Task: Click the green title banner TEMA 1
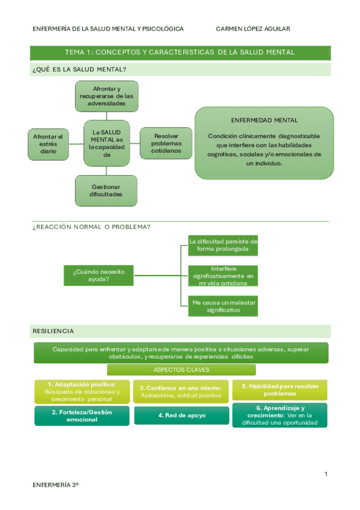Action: pos(180,52)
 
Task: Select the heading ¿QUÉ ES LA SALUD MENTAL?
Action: pos(79,70)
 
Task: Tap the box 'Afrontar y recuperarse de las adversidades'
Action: pos(106,96)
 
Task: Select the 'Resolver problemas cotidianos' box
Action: pos(166,143)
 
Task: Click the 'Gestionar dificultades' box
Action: pos(106,190)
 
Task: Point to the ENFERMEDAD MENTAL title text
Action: pos(264,120)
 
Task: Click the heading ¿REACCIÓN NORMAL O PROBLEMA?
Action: pos(91,227)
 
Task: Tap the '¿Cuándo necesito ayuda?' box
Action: pos(99,275)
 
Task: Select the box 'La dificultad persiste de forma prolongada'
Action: pos(223,245)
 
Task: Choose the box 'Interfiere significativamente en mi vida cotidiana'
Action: pos(223,275)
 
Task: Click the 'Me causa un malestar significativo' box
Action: pos(223,306)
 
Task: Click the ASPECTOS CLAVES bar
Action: pos(182,370)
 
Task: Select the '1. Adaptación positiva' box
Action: pos(81,391)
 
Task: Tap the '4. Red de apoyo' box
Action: pos(182,415)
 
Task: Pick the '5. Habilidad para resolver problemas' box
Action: pos(279,390)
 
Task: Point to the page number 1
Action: pos(326,475)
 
